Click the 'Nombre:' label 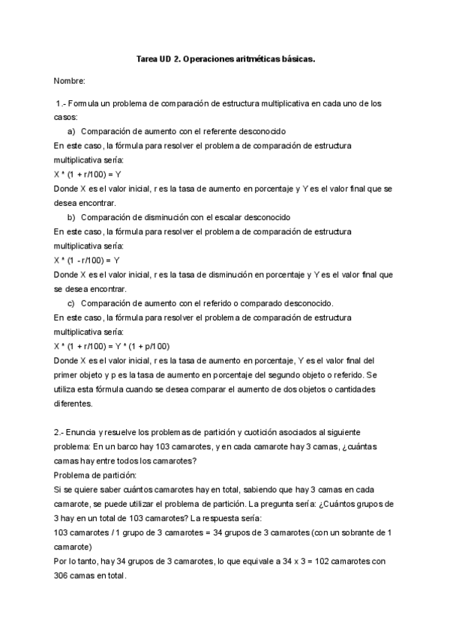pos(70,79)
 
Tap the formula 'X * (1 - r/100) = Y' pos(87,261)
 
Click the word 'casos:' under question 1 pos(66,118)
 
